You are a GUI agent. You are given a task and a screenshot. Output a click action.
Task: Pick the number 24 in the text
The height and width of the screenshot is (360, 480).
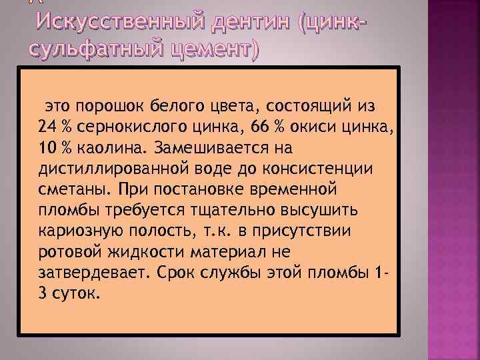(x=47, y=127)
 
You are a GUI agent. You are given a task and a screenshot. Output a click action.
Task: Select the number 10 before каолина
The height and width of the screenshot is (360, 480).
(x=47, y=147)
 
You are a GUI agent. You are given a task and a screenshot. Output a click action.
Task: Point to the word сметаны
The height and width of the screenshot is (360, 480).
(x=68, y=189)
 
